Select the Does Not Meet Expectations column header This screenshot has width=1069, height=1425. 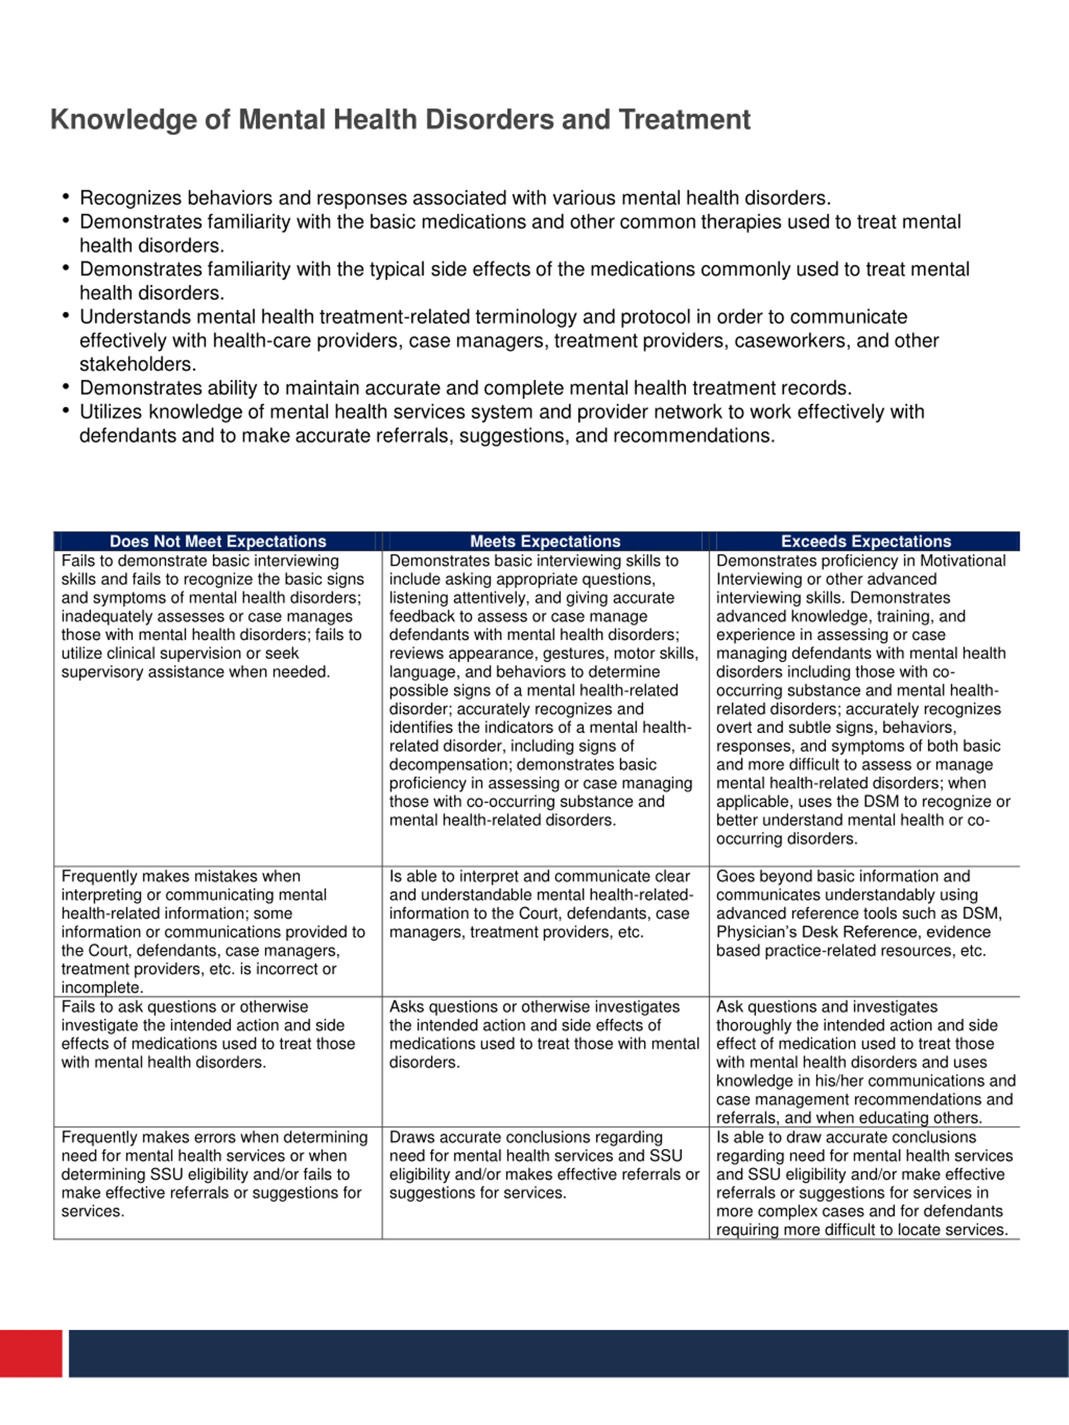pos(218,541)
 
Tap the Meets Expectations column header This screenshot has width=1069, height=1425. pos(545,541)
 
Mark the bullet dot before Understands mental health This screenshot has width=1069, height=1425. pos(66,316)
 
